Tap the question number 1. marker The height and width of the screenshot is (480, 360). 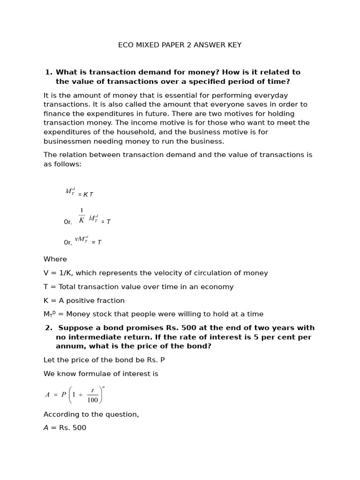(x=48, y=72)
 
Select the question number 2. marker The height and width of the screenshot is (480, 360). (x=48, y=328)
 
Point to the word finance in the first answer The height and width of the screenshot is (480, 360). (x=57, y=113)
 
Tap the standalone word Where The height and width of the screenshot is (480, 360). (x=55, y=259)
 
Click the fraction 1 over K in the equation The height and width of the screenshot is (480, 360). (x=82, y=215)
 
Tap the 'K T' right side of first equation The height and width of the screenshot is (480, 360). (x=88, y=195)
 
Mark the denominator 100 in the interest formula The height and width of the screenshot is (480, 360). (x=92, y=400)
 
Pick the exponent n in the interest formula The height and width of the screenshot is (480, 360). (x=103, y=387)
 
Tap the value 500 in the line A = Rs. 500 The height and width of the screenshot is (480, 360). (x=78, y=428)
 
